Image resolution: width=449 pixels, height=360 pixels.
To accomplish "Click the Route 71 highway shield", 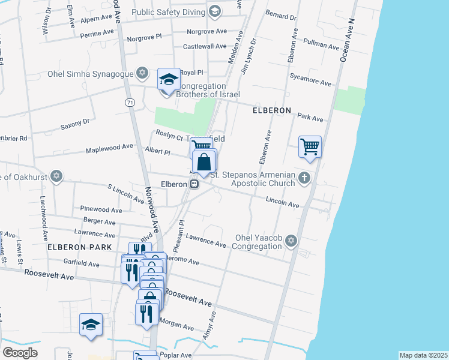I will (130, 103).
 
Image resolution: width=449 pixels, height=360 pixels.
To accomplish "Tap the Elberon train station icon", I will (194, 184).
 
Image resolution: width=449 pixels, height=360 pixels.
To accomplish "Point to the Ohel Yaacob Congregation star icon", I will (291, 241).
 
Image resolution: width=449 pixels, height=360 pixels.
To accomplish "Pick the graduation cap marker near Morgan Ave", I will (91, 325).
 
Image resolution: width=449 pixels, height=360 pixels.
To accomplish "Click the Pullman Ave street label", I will (322, 45).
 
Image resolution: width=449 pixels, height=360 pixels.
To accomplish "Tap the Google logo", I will (20, 353).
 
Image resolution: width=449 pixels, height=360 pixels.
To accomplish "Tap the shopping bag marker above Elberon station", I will (204, 163).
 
